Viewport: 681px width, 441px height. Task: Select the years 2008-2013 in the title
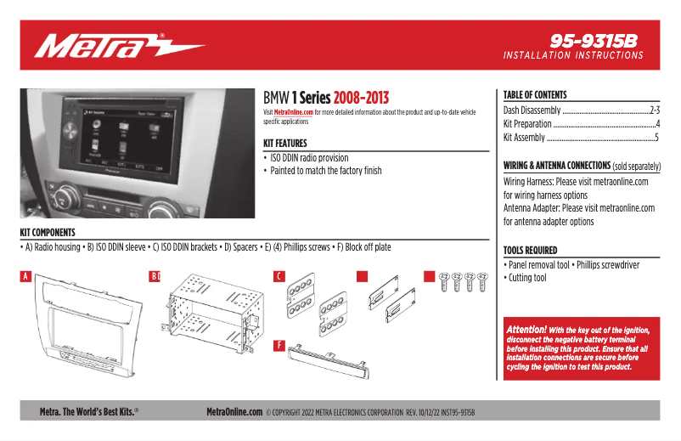(x=361, y=98)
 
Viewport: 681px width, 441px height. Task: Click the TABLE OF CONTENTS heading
(x=534, y=95)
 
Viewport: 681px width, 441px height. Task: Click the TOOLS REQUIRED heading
(x=530, y=251)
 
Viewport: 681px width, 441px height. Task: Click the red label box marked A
(x=25, y=276)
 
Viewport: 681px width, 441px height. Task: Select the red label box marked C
(x=279, y=276)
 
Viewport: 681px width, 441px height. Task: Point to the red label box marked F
(x=279, y=345)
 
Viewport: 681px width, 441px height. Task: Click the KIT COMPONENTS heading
(x=48, y=232)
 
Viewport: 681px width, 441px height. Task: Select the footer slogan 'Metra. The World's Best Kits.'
(x=89, y=412)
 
